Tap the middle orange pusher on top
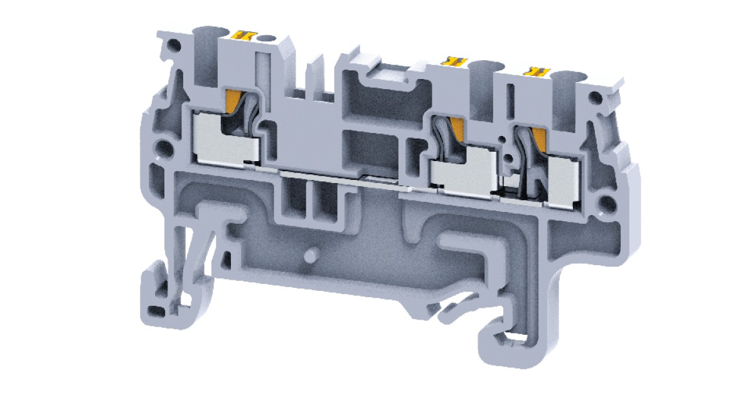click(x=456, y=61)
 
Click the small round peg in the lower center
click(x=309, y=256)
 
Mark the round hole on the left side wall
click(x=163, y=149)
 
